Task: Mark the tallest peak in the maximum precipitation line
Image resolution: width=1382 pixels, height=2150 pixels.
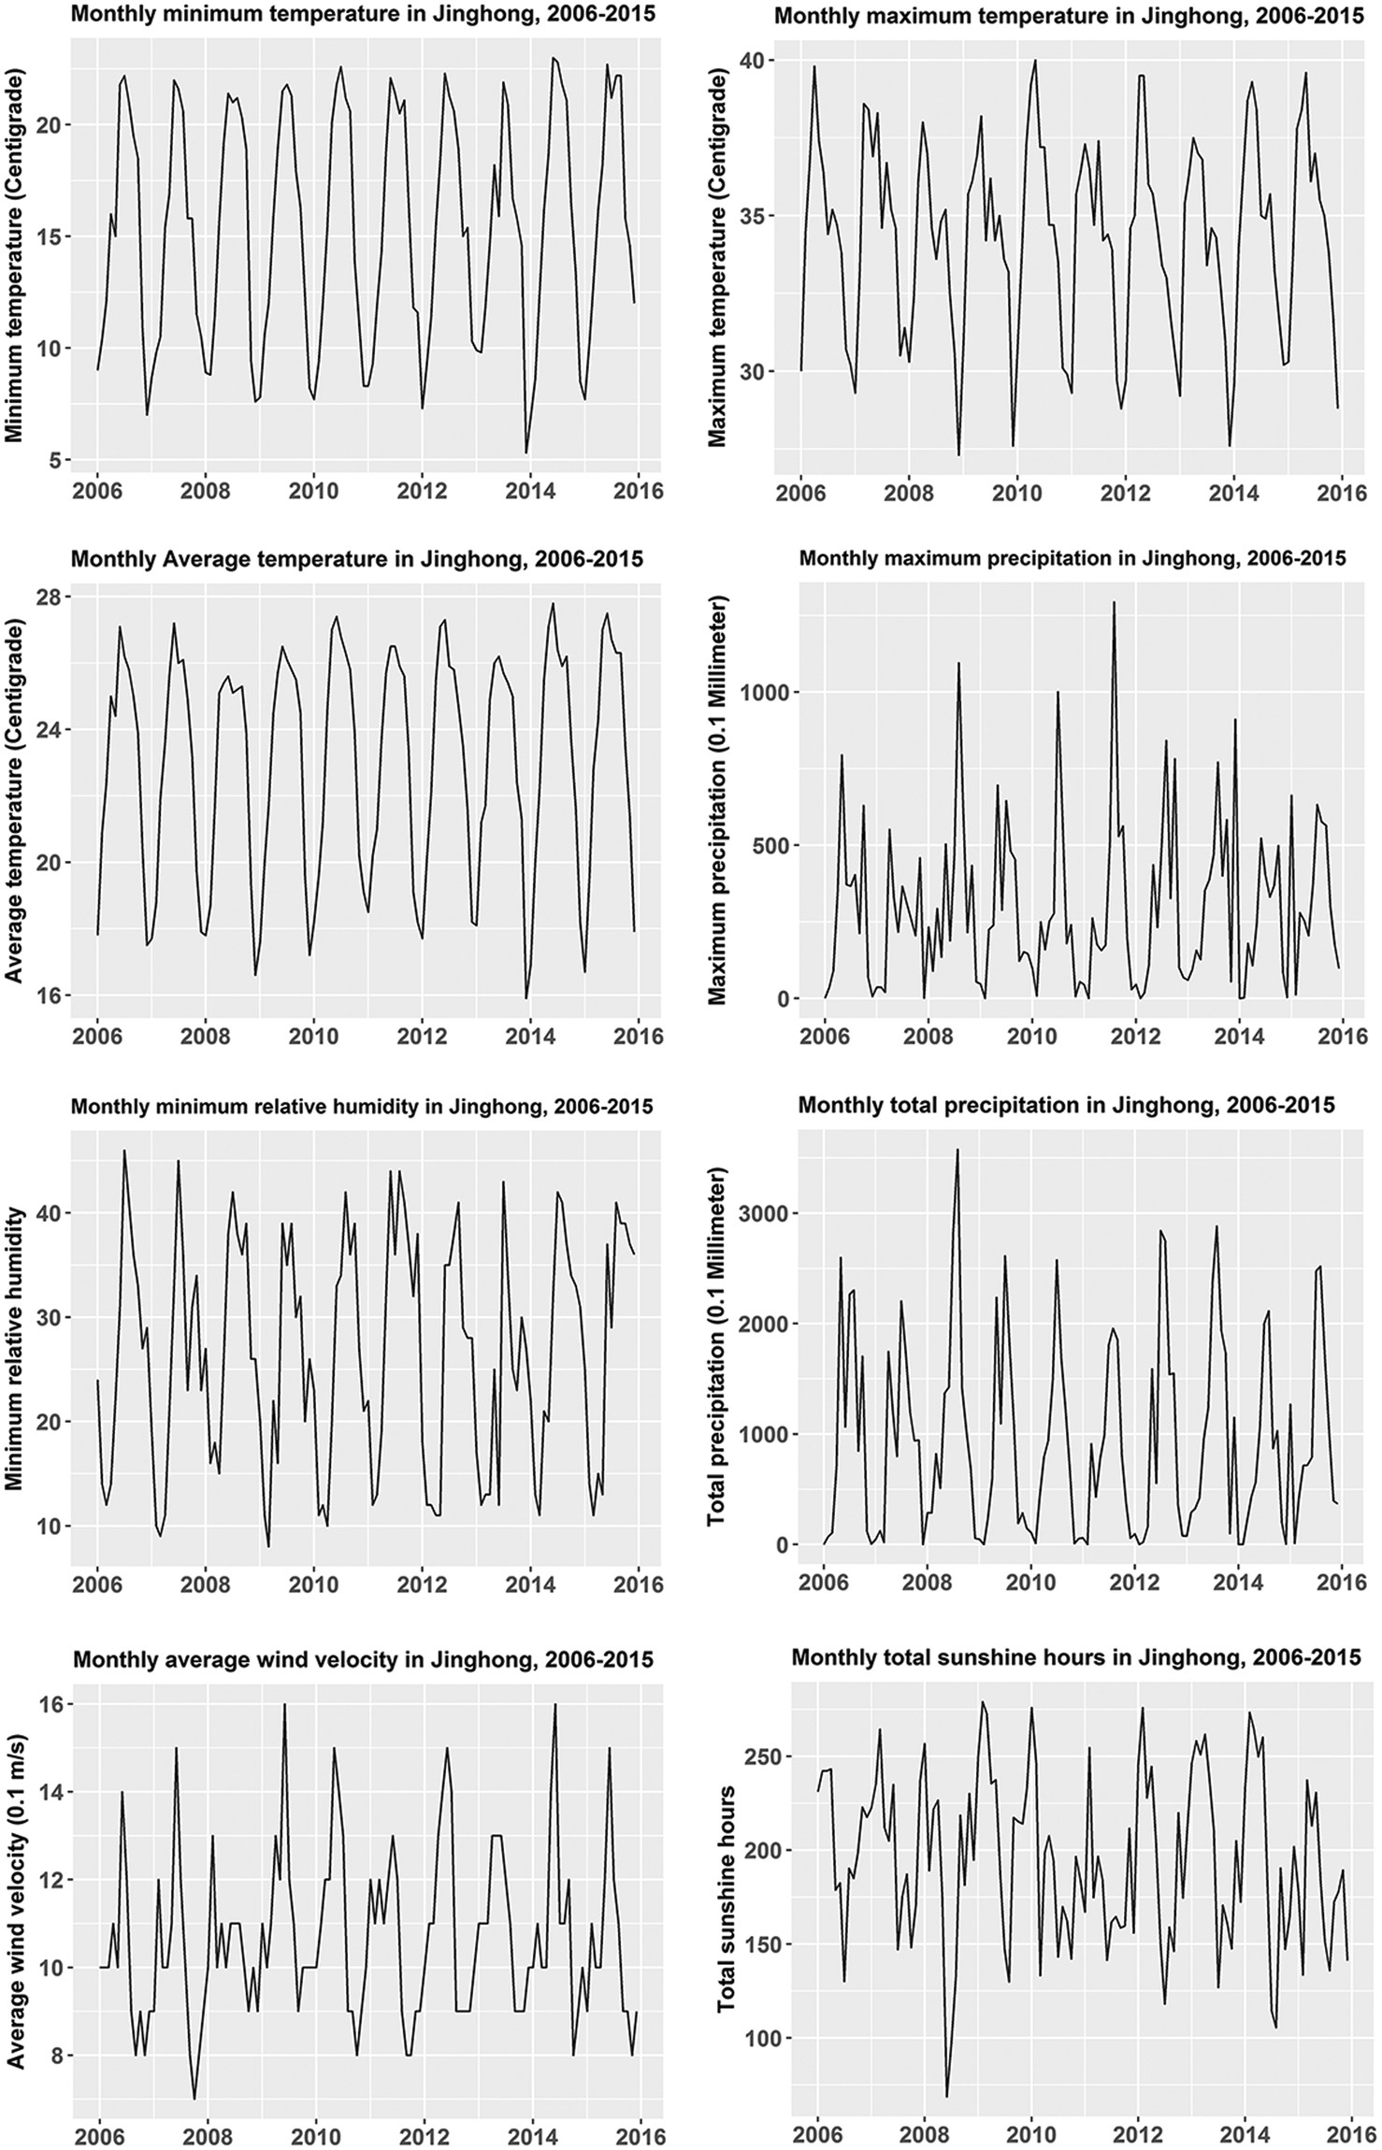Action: pos(1114,602)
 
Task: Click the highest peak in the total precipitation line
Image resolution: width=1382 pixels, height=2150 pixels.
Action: pos(957,1150)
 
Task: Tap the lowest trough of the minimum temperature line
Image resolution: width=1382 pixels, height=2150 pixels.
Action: pos(526,453)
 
